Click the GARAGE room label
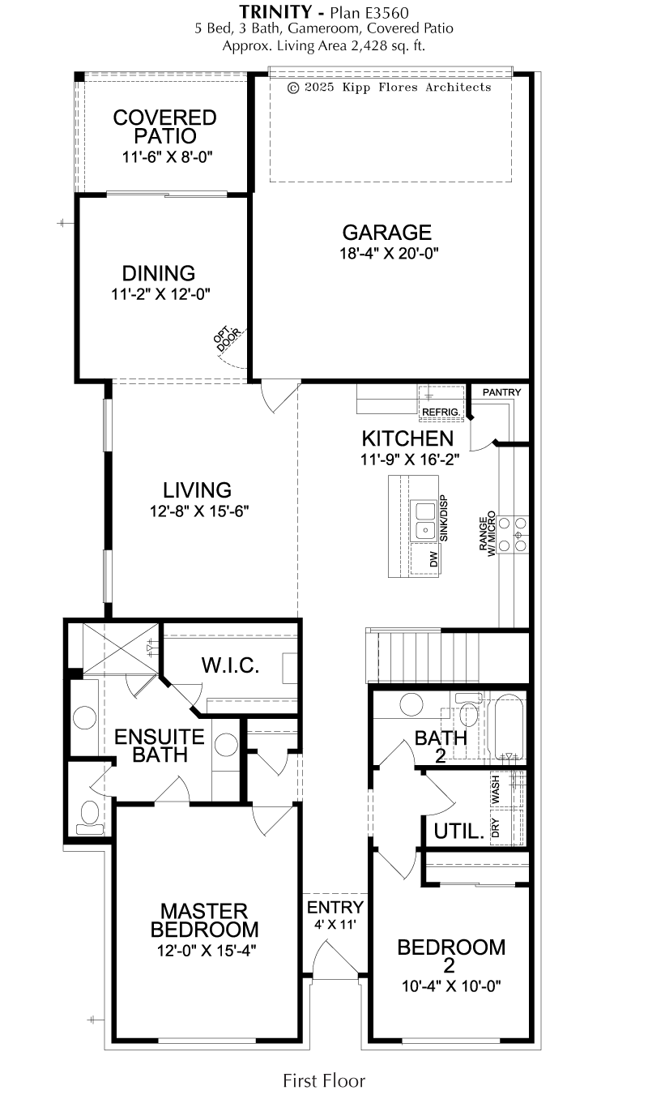click(x=386, y=232)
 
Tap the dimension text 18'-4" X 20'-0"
click(x=389, y=254)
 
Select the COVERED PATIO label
click(x=164, y=126)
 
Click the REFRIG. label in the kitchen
click(x=441, y=412)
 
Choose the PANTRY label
click(x=501, y=392)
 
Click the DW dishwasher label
click(x=433, y=560)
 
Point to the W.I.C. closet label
click(x=230, y=665)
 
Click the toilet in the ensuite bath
click(x=90, y=818)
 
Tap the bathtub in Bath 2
click(x=509, y=728)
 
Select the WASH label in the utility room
click(x=495, y=789)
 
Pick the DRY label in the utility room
click(x=495, y=827)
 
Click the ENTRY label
click(x=335, y=907)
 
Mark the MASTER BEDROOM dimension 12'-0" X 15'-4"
click(x=207, y=951)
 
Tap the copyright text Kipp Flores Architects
click(x=416, y=88)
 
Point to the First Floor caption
click(x=324, y=1080)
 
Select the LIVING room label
click(x=197, y=490)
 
